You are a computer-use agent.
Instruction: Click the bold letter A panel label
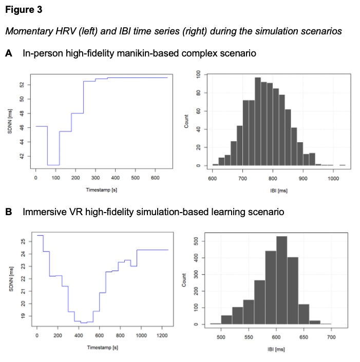pos(9,53)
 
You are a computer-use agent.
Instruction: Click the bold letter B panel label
pos(9,212)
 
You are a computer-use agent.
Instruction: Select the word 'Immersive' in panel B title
pos(43,212)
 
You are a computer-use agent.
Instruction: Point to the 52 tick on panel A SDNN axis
pos(23,85)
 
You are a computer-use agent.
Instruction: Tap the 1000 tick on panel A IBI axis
pos(333,178)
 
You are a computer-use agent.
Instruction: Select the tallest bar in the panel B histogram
pos(282,280)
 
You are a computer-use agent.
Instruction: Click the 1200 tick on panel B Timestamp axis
pos(162,336)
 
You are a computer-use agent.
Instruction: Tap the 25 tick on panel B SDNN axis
pos(23,241)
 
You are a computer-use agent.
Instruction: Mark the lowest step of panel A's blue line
pos(53,165)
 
